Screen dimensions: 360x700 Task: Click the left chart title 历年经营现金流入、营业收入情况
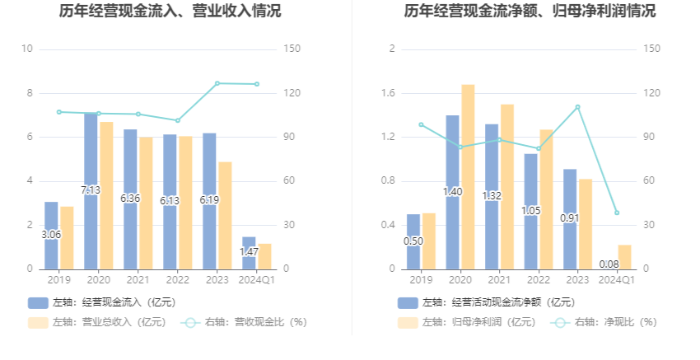click(170, 12)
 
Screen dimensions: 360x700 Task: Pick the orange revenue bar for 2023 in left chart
click(225, 215)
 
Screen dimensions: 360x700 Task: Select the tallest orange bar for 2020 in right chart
click(468, 176)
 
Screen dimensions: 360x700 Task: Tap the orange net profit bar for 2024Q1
click(624, 257)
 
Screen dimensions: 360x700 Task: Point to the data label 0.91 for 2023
click(570, 218)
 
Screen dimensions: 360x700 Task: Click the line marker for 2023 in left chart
click(217, 83)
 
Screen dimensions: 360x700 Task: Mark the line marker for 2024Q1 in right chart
click(617, 213)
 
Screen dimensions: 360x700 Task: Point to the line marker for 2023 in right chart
click(577, 107)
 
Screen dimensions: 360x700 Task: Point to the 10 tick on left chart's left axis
click(27, 49)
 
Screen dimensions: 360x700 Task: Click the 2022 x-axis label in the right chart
click(539, 281)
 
